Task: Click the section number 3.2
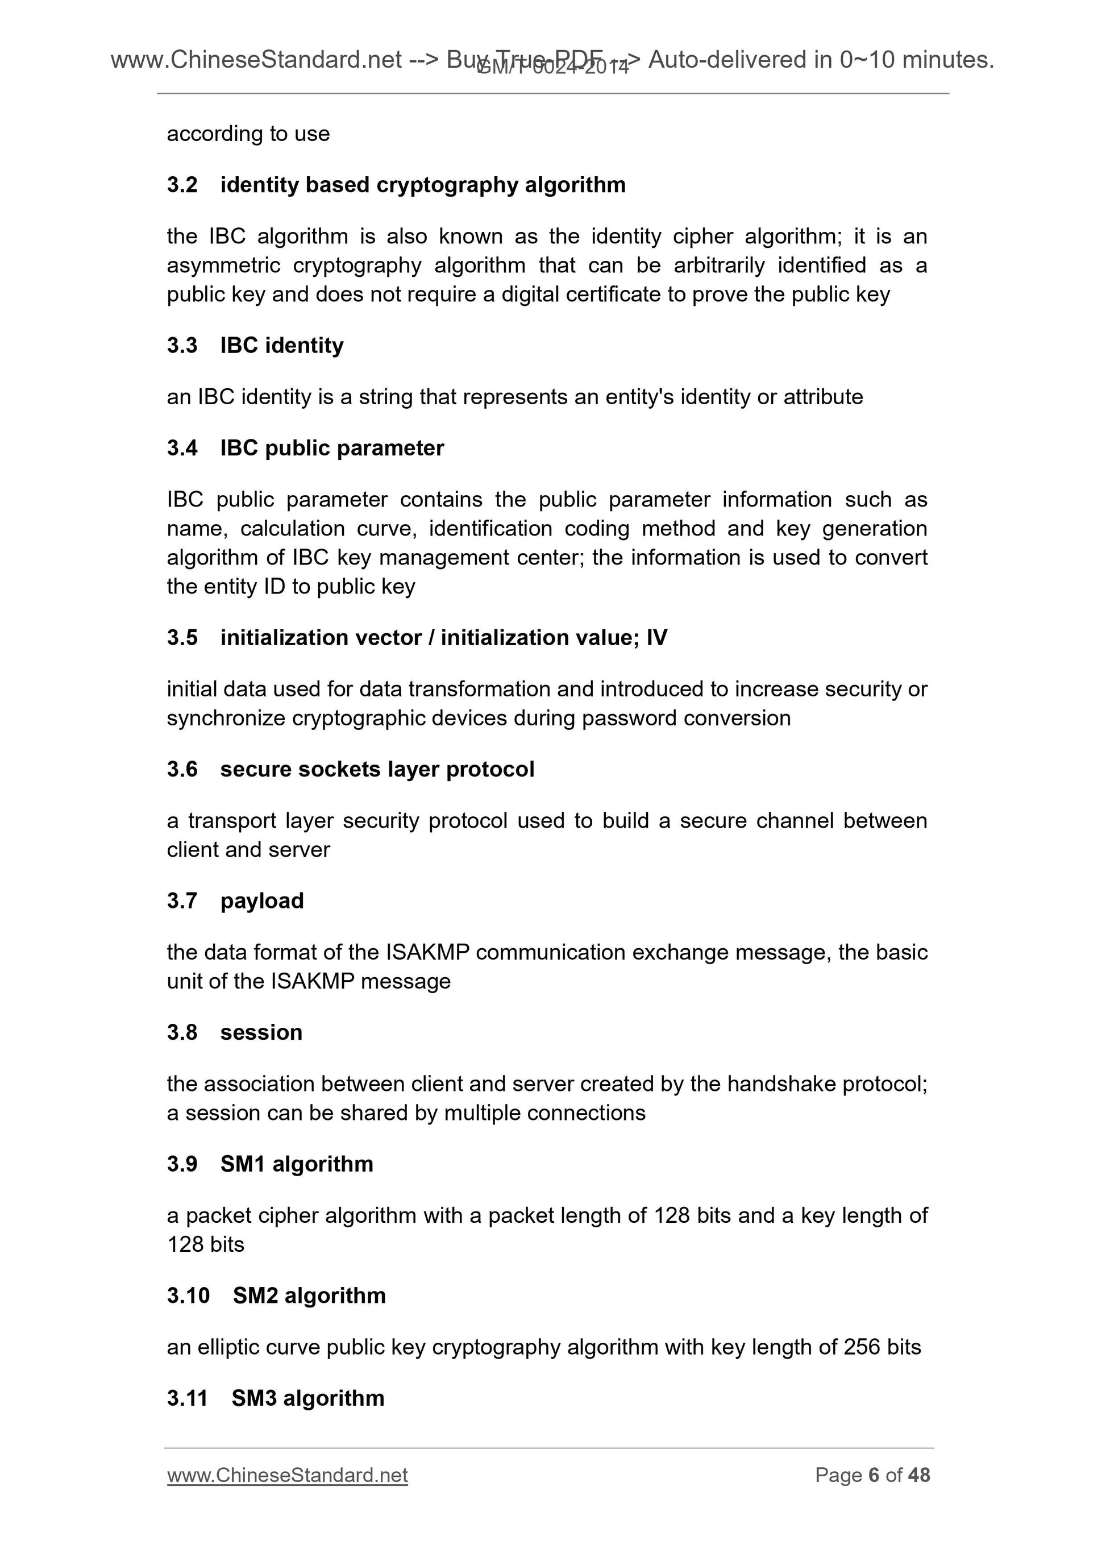click(x=182, y=185)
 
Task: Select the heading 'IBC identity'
click(x=281, y=346)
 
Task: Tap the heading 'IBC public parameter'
click(x=332, y=448)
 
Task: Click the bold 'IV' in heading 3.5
click(x=656, y=637)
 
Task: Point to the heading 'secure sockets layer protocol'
click(x=377, y=769)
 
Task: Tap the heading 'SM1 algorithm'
click(x=297, y=1164)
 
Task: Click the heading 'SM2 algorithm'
click(x=309, y=1295)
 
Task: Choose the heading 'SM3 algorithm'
click(x=307, y=1398)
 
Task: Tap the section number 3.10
click(x=188, y=1295)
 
